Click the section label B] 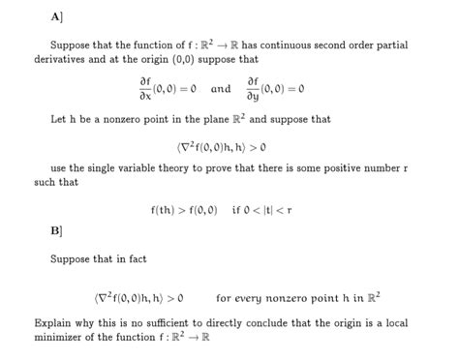tap(56, 232)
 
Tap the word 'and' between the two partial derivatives tap(221, 89)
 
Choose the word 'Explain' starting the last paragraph tap(54, 323)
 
